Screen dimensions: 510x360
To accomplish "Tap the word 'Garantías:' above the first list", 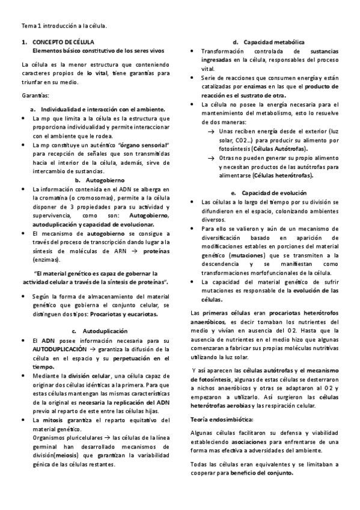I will pos(35,96).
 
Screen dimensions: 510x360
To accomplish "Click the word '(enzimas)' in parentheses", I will pos(46,260).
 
